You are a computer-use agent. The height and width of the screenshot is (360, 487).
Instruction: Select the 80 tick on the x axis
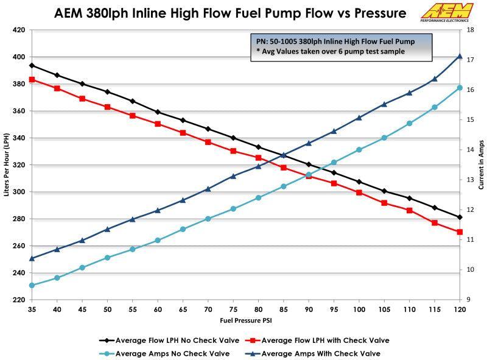click(259, 309)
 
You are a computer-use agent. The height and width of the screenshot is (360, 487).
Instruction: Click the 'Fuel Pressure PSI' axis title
click(245, 320)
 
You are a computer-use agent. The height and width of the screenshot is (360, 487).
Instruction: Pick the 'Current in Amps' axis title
click(481, 165)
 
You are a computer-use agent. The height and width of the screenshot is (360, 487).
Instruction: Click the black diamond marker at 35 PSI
click(32, 65)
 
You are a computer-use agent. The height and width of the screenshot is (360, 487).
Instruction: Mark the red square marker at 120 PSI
click(460, 232)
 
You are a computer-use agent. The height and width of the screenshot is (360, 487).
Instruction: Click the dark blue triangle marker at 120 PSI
click(460, 56)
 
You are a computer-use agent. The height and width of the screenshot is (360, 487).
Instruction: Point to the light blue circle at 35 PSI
click(32, 285)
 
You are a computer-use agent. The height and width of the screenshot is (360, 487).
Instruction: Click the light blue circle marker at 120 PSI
click(460, 88)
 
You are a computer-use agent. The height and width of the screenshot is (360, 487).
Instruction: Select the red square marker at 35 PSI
click(32, 79)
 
